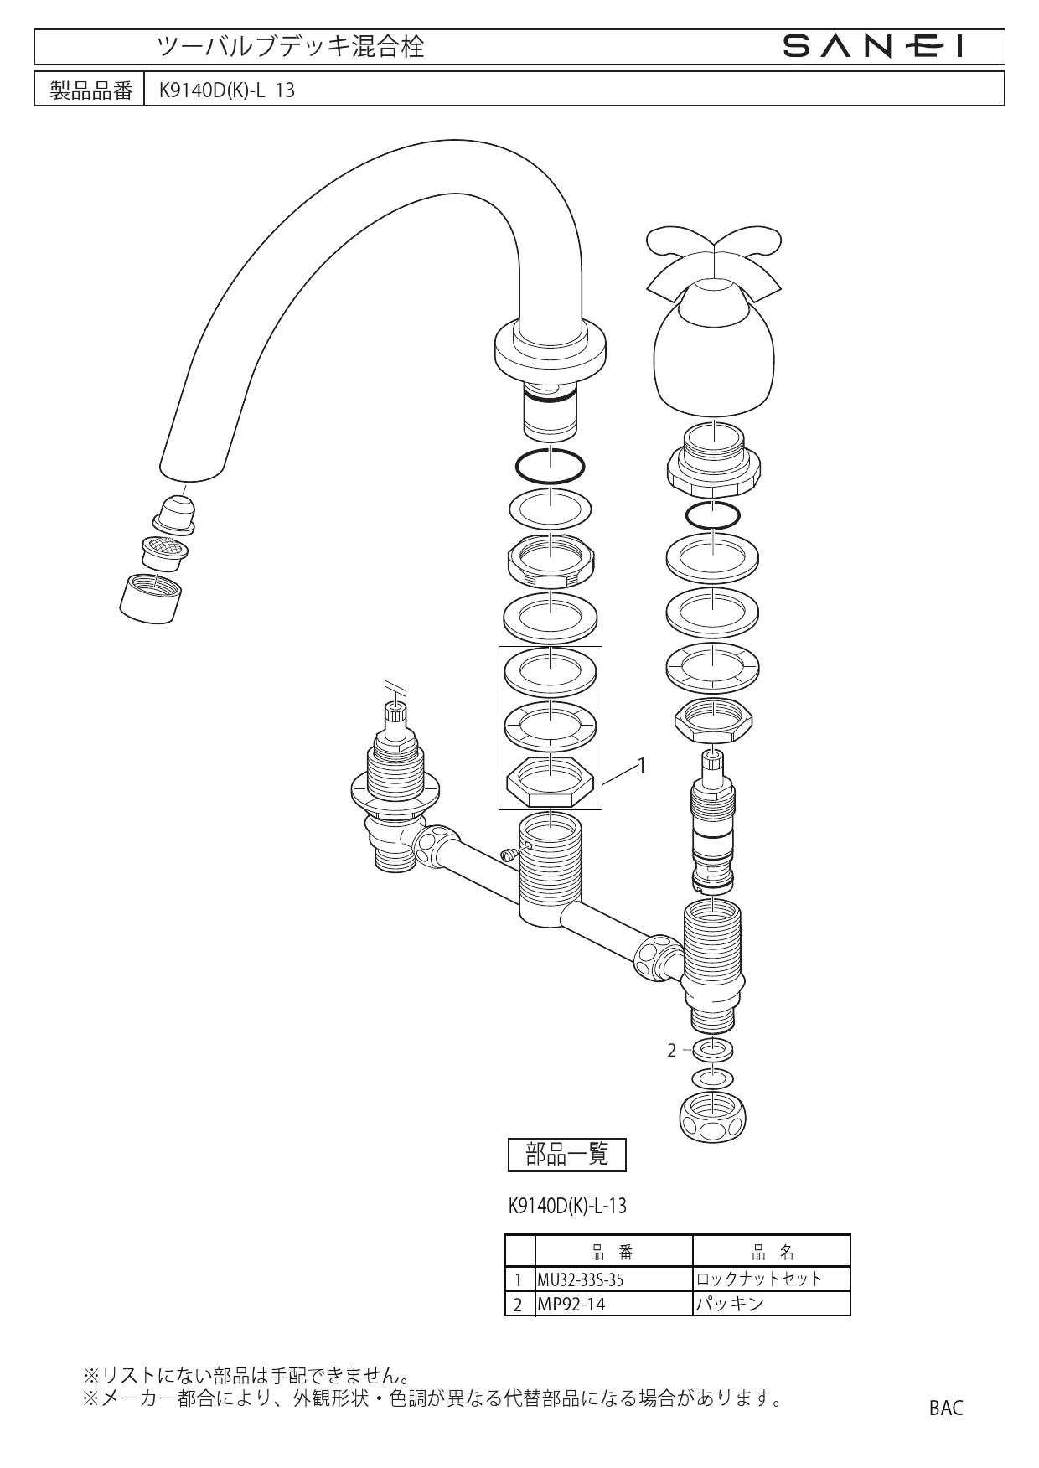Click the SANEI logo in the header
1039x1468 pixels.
click(x=872, y=47)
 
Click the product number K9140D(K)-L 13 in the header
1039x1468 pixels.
click(x=222, y=90)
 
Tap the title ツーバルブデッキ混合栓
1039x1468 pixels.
click(x=292, y=47)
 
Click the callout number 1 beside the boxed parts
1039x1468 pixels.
click(x=642, y=765)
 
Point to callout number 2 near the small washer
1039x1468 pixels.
click(x=671, y=1050)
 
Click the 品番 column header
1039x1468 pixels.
click(x=613, y=1253)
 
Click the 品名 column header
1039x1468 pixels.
click(x=772, y=1253)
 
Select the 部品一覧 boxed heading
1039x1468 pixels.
click(x=567, y=1155)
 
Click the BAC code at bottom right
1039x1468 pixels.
click(x=946, y=1409)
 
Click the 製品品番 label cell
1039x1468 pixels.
click(x=90, y=90)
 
